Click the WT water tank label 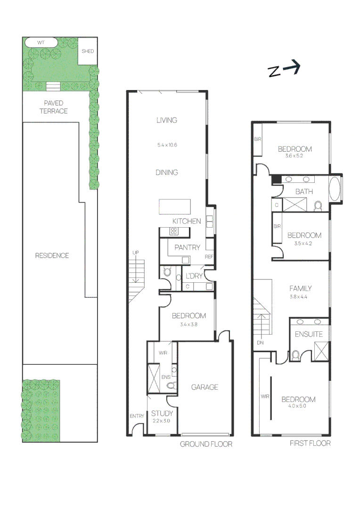(x=41, y=42)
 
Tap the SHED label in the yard (x=88, y=51)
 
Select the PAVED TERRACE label (x=54, y=107)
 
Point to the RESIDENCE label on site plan (x=52, y=255)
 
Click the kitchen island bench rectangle (x=175, y=207)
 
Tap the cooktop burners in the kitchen (x=174, y=231)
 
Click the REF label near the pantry (x=209, y=257)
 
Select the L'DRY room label (x=194, y=276)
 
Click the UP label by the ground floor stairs (x=135, y=253)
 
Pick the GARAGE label (x=205, y=387)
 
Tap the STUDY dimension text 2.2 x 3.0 (x=161, y=421)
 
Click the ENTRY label (x=137, y=416)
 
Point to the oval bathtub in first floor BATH (x=335, y=189)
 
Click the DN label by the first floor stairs (x=261, y=343)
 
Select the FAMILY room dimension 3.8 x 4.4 (x=298, y=297)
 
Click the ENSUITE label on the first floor (x=309, y=334)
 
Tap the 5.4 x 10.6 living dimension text (x=167, y=145)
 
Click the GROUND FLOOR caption (x=206, y=444)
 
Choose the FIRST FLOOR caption (x=310, y=443)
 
